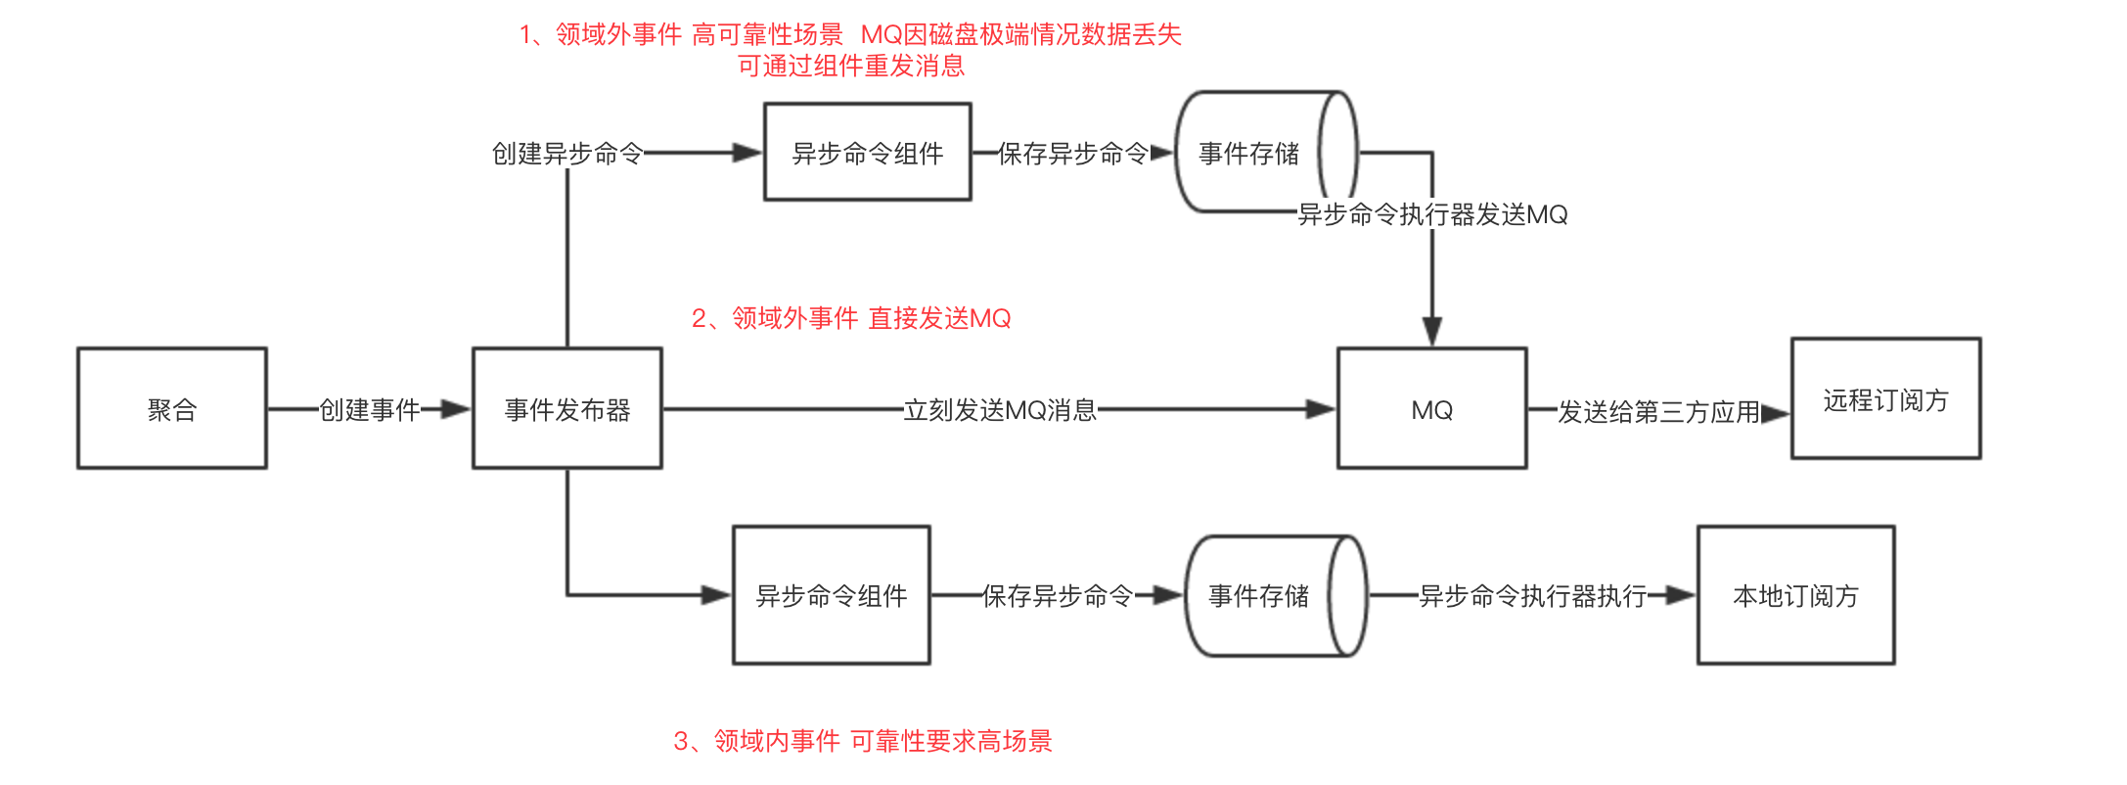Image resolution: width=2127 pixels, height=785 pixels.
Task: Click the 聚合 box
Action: pos(172,408)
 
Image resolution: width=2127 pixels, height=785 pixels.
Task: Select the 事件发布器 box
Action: pos(567,408)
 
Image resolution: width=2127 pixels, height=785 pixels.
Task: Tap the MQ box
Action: pos(1432,408)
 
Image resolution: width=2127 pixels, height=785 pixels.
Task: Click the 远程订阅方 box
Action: pos(1886,398)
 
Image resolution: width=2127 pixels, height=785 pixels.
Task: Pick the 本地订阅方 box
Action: pos(1796,595)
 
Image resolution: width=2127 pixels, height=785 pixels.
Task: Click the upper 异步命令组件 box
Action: pos(868,153)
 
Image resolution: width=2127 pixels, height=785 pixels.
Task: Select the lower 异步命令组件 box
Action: pos(832,595)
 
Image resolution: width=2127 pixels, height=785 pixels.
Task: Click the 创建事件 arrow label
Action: pos(370,409)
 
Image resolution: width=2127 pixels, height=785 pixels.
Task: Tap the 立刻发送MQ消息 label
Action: pos(1000,409)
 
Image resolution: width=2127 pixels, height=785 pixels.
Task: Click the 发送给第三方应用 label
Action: pos(1658,412)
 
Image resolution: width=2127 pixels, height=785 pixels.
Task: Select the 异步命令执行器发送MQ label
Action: pos(1432,214)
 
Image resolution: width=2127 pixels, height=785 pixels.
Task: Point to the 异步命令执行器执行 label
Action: pos(1533,595)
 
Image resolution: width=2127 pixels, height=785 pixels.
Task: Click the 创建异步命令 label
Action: pos(567,154)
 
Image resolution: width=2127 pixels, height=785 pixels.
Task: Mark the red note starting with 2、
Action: pos(851,318)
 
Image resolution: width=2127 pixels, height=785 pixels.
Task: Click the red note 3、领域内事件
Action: pos(862,741)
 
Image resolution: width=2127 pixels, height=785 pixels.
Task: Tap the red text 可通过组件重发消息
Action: pos(851,66)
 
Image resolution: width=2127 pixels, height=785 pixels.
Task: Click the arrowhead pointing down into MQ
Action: pos(1432,332)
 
